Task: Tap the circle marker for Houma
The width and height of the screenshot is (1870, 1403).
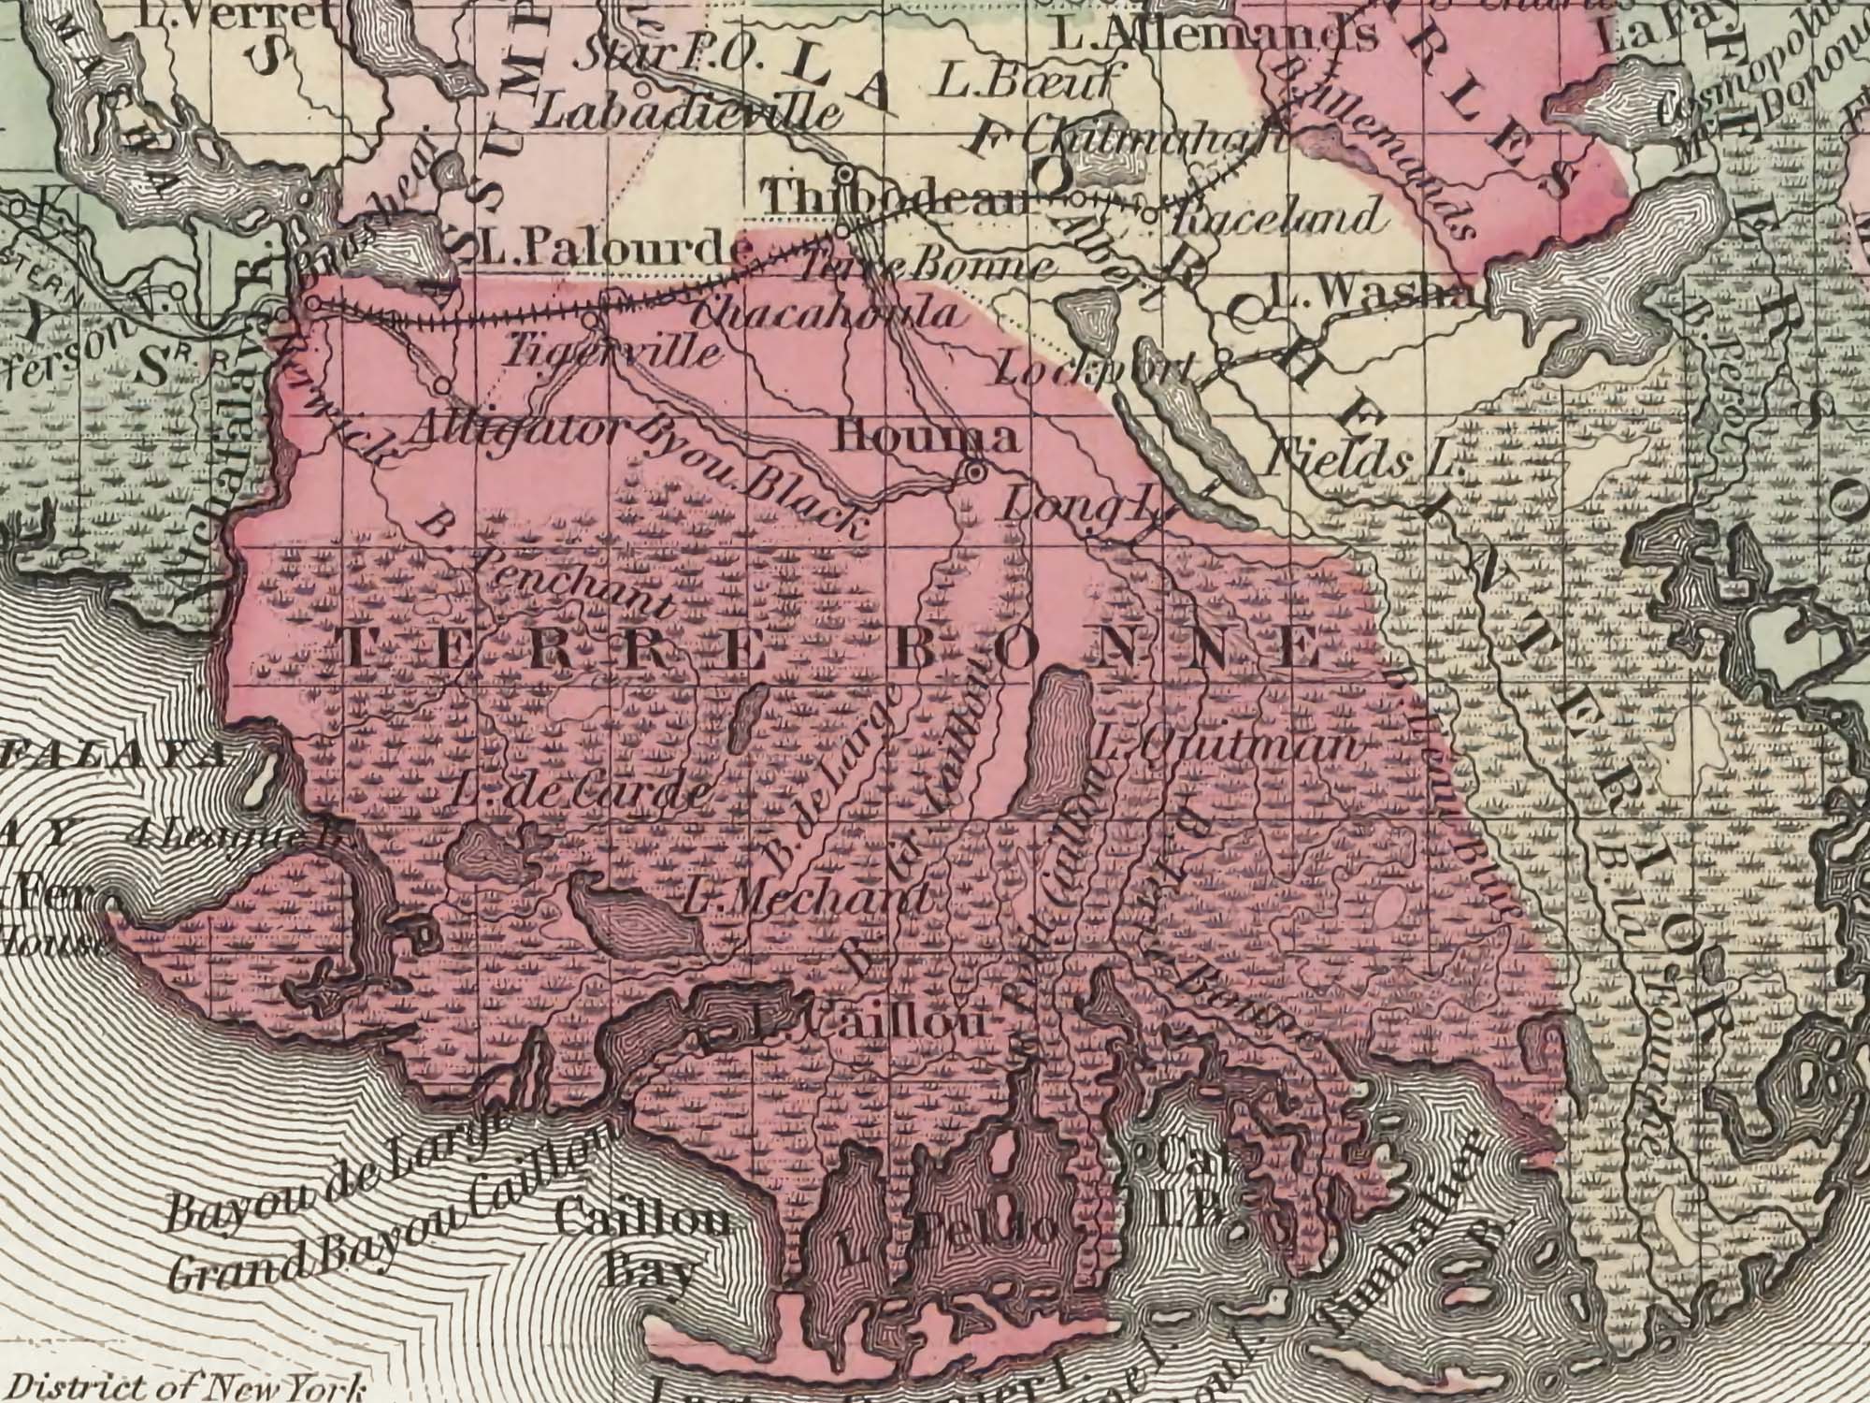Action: tap(973, 472)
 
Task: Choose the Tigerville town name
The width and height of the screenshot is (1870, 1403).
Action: tap(612, 353)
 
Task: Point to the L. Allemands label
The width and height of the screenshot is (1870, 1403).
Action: tap(1215, 36)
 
